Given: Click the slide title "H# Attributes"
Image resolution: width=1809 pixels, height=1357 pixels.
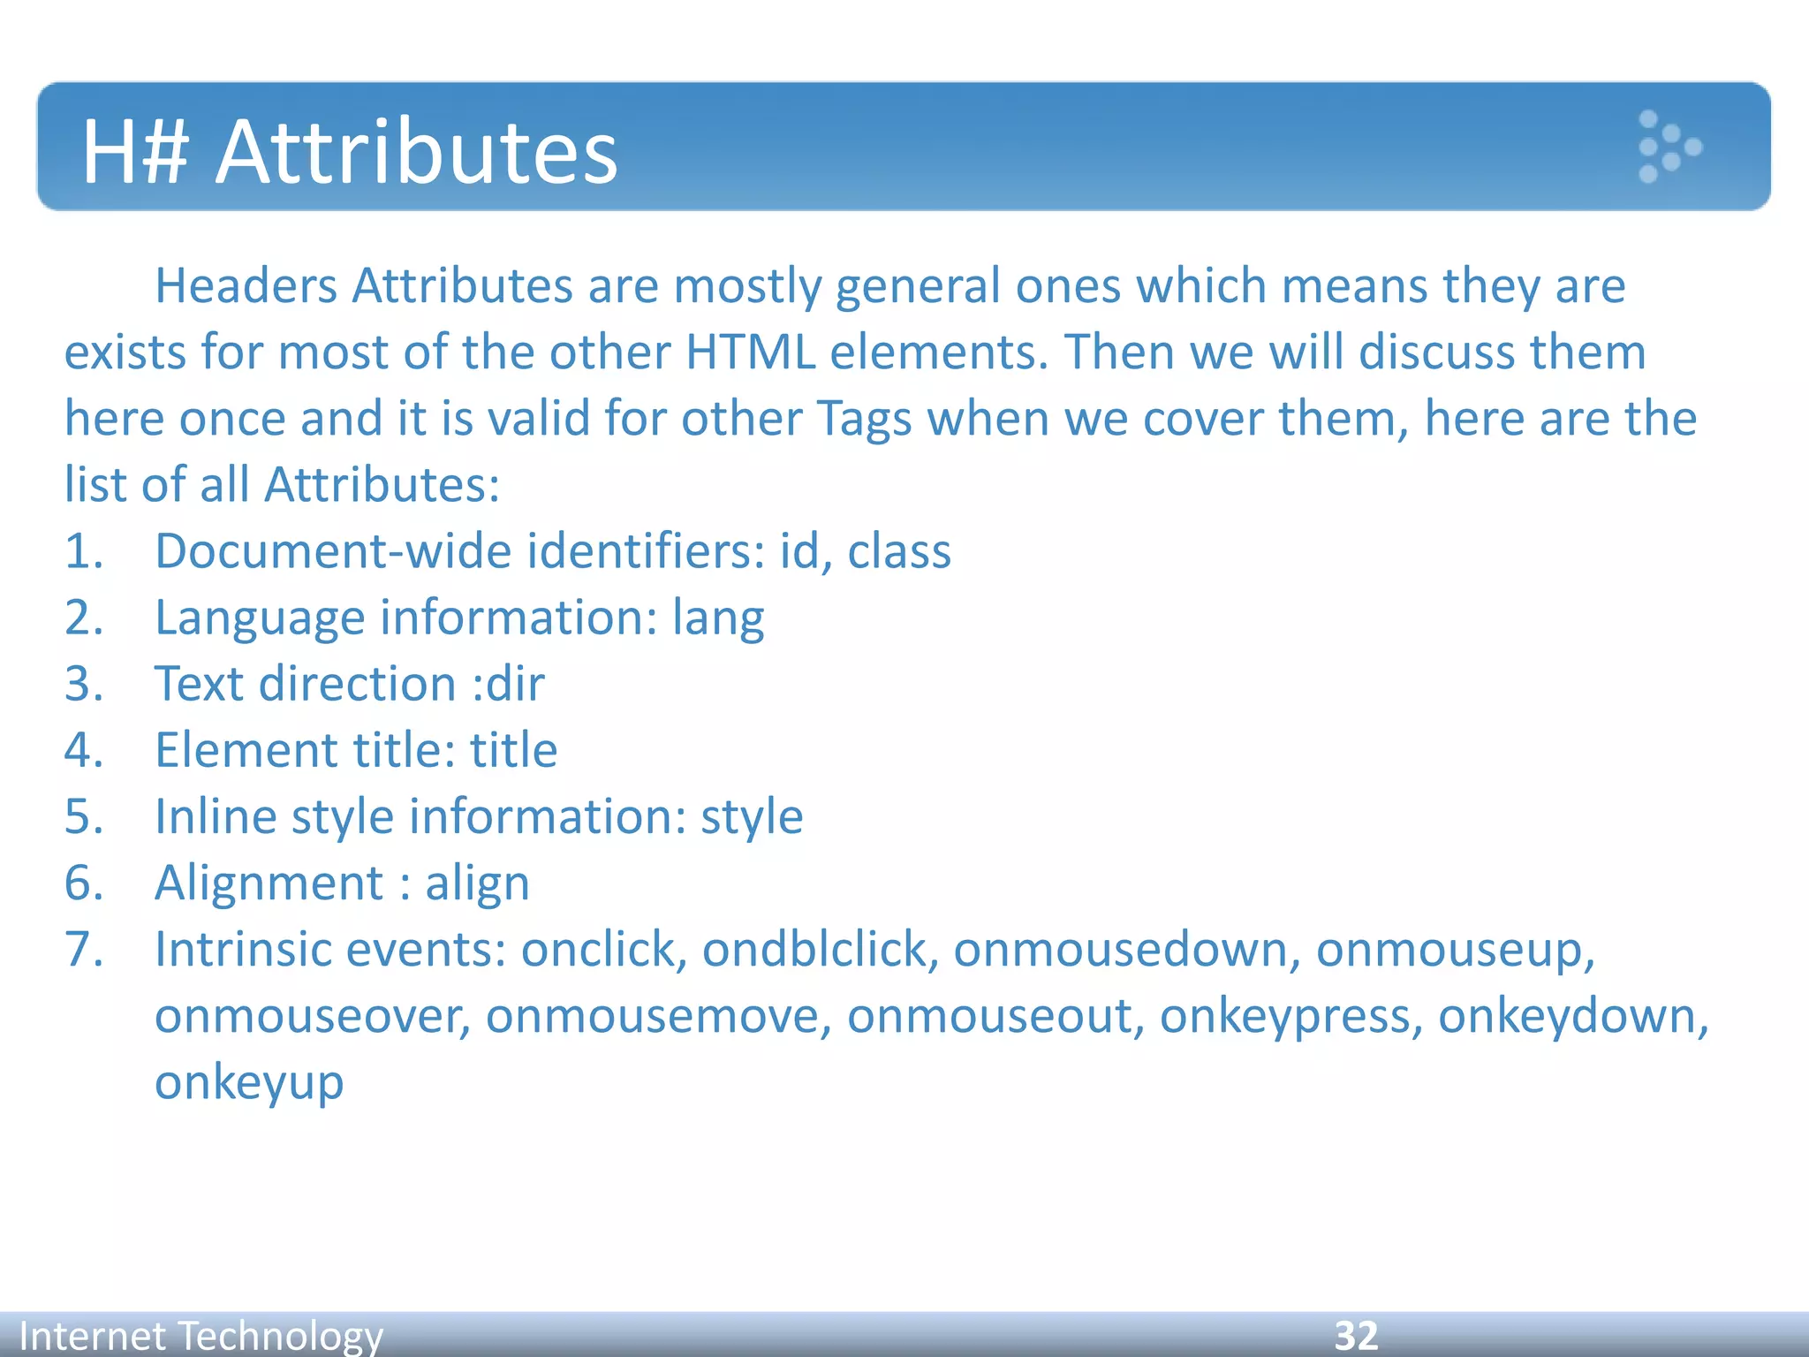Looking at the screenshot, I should [350, 152].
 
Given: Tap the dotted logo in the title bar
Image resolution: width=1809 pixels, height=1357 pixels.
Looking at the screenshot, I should [1668, 147].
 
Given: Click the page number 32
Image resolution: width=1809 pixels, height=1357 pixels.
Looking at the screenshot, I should [1356, 1335].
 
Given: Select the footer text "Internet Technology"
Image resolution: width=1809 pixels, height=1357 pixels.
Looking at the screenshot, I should [201, 1335].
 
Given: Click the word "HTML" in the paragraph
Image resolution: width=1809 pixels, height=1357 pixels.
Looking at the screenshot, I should [750, 353].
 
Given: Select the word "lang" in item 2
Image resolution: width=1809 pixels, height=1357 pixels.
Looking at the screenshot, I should [718, 618].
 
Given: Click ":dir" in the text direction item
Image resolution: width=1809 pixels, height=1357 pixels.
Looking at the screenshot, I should [508, 685].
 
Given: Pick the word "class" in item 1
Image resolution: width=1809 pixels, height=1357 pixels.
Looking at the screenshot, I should [899, 552].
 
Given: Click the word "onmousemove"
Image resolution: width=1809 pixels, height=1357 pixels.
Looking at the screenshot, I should [658, 1017].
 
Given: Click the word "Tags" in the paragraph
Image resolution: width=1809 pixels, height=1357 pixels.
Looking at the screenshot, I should [863, 419].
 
